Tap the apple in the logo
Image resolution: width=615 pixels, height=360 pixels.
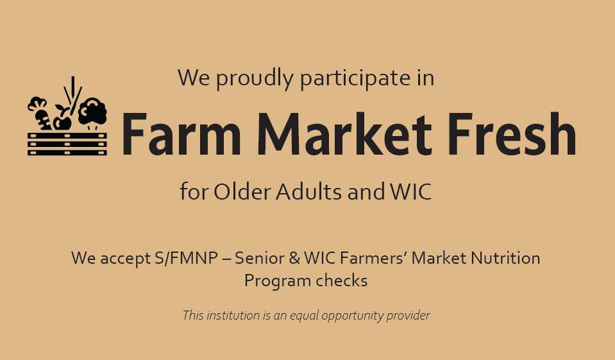[x=62, y=121]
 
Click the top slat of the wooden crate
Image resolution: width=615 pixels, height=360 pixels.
[x=67, y=136]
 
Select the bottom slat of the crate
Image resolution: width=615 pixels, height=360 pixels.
[x=67, y=152]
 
